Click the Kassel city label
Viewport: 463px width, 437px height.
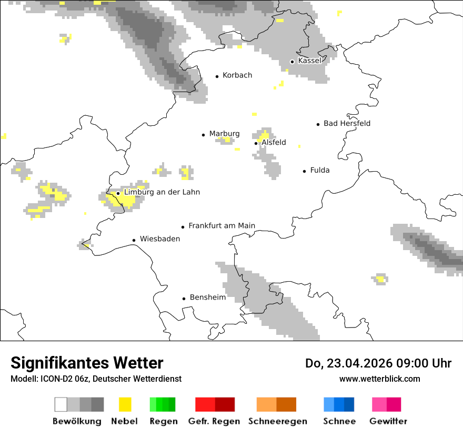309,61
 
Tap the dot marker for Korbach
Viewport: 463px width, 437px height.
217,76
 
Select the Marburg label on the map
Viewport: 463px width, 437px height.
224,134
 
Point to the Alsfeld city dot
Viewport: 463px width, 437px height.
256,143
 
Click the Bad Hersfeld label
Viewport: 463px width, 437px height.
347,123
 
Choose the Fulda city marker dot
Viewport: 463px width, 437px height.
304,171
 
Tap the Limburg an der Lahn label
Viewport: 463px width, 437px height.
162,192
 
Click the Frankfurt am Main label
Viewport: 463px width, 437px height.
222,226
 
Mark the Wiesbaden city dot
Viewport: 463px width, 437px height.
134,240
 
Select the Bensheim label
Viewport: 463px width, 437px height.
207,297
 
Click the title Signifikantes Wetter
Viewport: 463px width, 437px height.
87,363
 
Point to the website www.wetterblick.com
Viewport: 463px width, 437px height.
379,379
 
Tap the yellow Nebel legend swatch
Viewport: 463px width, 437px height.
125,404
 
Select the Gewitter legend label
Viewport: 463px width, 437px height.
388,421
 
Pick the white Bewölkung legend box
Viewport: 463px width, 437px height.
61,404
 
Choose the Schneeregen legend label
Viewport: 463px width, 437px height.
277,421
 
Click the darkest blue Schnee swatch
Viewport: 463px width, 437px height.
349,404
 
